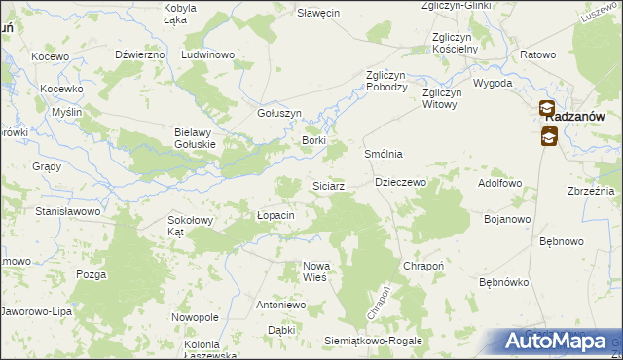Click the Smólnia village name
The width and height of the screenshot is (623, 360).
383,155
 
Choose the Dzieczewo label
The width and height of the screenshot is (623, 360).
401,182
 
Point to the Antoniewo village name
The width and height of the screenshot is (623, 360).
280,305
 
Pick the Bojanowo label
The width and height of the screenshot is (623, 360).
506,219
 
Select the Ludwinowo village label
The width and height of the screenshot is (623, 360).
208,54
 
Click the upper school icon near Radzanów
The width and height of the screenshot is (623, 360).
547,109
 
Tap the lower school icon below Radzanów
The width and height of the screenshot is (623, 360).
548,137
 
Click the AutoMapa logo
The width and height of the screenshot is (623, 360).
556,341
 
